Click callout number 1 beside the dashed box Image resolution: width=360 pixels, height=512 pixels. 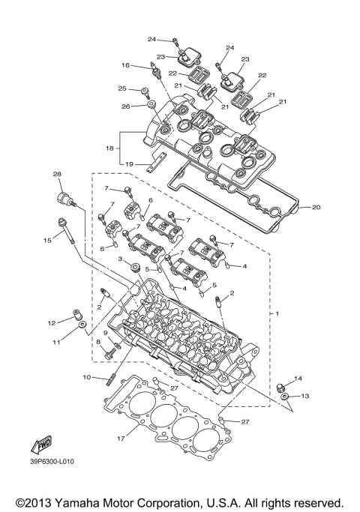coord(278,312)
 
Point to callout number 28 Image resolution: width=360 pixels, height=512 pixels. coord(56,175)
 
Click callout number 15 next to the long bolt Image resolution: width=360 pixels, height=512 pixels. coord(47,240)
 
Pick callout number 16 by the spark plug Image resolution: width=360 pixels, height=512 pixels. coord(125,66)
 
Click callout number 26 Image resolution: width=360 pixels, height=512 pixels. coord(126,106)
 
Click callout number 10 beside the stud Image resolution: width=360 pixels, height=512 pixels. coord(86,377)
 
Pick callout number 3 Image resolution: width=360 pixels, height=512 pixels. coord(118,259)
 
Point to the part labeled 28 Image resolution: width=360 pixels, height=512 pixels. coord(66,199)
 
